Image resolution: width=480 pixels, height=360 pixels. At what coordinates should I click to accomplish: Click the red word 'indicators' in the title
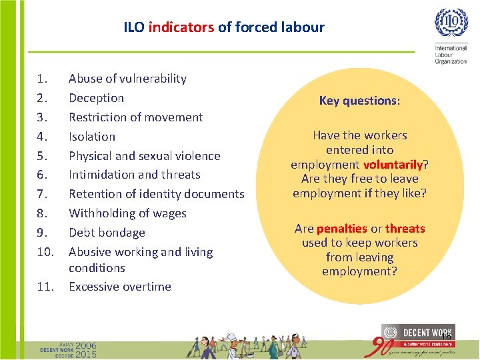pyautogui.click(x=181, y=27)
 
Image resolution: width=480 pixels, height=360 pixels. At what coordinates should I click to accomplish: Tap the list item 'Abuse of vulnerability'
pyautogui.click(x=127, y=79)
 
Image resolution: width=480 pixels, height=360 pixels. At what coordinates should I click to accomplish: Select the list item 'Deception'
pyautogui.click(x=96, y=98)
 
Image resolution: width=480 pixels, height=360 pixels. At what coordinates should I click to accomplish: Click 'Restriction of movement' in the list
pyautogui.click(x=135, y=117)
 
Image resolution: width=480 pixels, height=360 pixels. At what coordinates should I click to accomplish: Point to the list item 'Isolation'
pyautogui.click(x=92, y=137)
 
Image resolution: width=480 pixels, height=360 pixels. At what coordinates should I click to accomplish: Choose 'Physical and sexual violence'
pyautogui.click(x=144, y=156)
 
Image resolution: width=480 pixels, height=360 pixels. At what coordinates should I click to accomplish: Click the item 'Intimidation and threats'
pyautogui.click(x=134, y=175)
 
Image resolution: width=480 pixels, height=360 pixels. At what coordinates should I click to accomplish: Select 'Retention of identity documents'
pyautogui.click(x=156, y=194)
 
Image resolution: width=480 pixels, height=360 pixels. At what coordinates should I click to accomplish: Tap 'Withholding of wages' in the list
pyautogui.click(x=127, y=213)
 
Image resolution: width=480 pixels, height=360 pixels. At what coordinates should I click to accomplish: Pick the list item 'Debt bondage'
pyautogui.click(x=107, y=233)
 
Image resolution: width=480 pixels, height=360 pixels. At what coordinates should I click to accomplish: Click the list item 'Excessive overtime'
pyautogui.click(x=120, y=287)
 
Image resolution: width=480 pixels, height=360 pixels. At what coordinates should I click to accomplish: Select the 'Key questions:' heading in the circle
pyautogui.click(x=359, y=101)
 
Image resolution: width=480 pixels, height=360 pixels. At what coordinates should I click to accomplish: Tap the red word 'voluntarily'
pyautogui.click(x=393, y=165)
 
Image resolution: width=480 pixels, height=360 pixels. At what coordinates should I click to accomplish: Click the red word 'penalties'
pyautogui.click(x=341, y=229)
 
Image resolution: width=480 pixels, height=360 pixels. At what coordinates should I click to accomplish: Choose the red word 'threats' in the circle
pyautogui.click(x=405, y=229)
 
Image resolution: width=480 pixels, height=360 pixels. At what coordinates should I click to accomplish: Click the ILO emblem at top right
pyautogui.click(x=451, y=23)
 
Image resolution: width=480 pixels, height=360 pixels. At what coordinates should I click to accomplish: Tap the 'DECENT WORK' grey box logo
pyautogui.click(x=417, y=332)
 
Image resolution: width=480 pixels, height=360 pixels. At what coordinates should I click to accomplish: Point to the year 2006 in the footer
pyautogui.click(x=86, y=346)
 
